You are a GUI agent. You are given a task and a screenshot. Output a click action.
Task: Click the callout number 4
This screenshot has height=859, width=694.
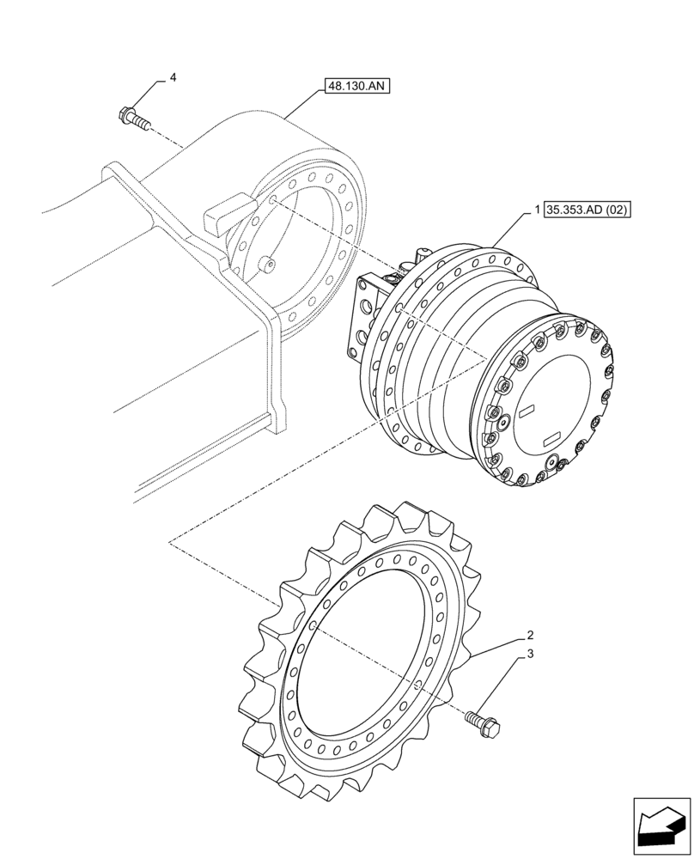point(173,78)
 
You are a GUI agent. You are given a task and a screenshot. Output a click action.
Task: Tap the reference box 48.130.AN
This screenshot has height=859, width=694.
point(357,86)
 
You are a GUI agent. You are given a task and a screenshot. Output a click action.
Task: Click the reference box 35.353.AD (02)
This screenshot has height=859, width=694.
point(587,210)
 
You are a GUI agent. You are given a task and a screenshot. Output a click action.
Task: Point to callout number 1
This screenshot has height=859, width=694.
point(537,210)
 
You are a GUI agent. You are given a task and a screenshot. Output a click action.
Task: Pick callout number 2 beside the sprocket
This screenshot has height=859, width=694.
point(531,637)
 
